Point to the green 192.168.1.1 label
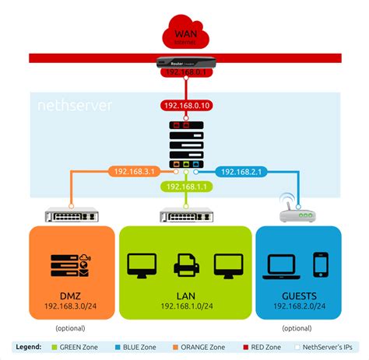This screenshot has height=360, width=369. pos(184,187)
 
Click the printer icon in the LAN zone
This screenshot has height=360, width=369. pos(184,266)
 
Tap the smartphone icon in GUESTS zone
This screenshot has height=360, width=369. pos(319,264)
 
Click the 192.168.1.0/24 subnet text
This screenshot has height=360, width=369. pos(184,308)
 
